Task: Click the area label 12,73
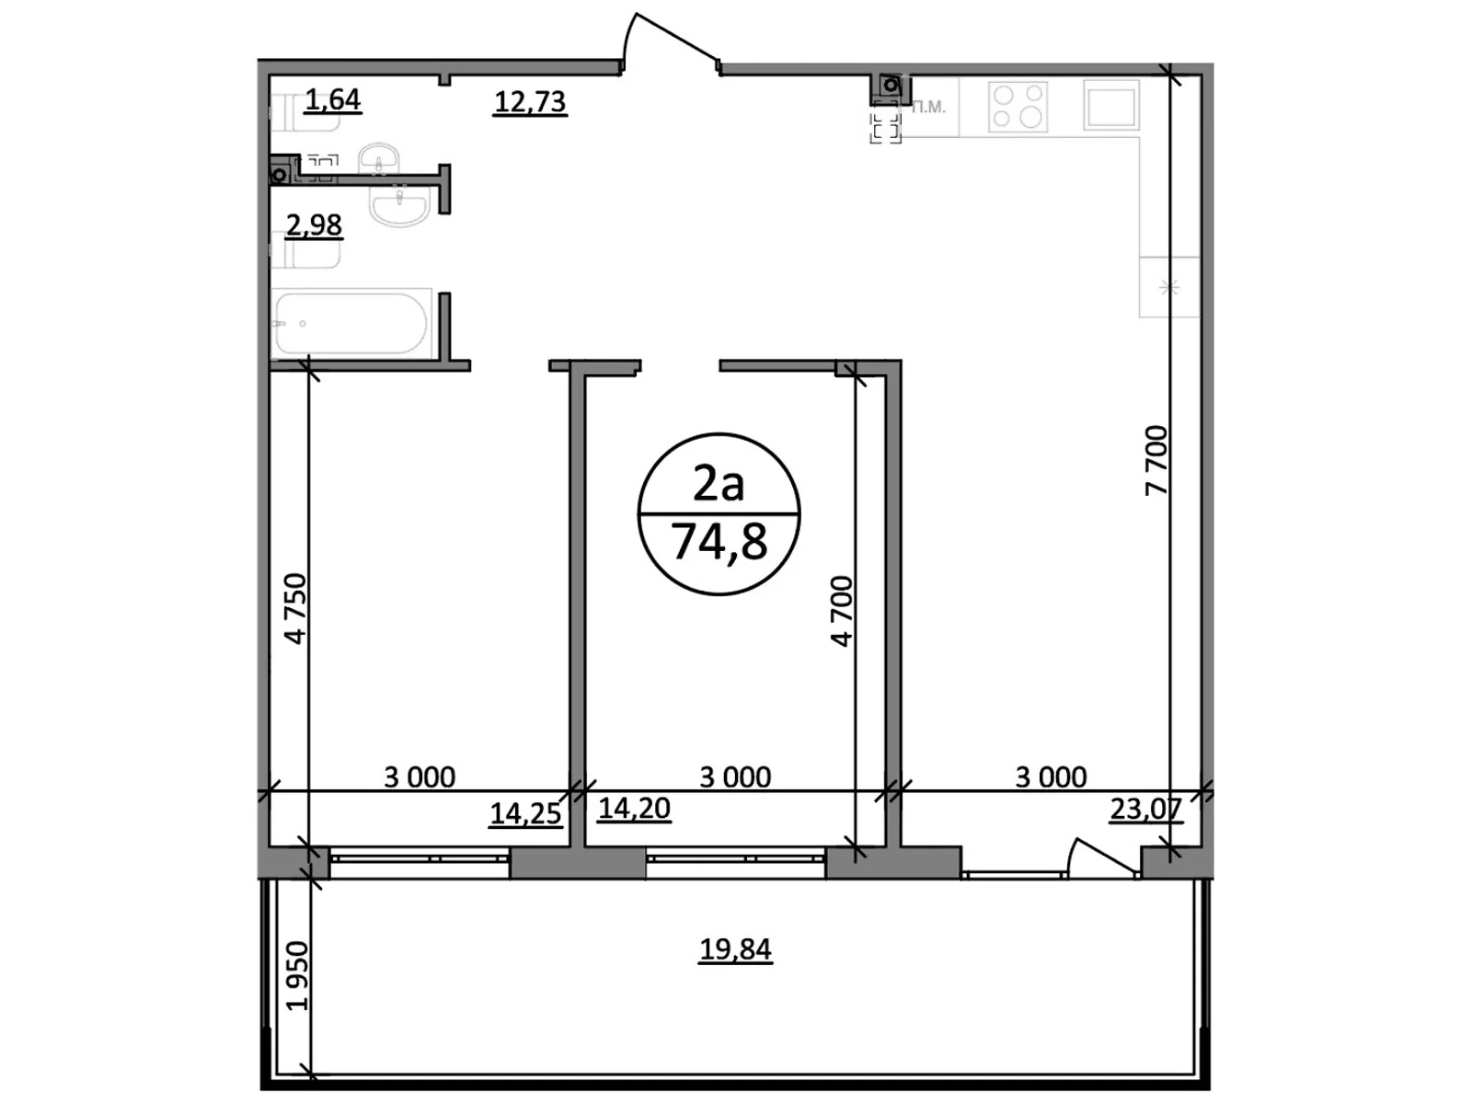pos(530,101)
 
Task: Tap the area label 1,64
pos(332,99)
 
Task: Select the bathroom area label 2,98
pos(314,224)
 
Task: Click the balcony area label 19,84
pos(735,949)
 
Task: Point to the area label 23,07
pos(1145,809)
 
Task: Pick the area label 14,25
pos(525,813)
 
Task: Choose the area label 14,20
pos(634,809)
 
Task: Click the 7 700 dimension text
pos(1156,460)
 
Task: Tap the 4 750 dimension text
pos(294,608)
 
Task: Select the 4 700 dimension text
pos(842,611)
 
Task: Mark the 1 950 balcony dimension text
pos(296,976)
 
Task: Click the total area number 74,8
pos(719,542)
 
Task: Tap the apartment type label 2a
pos(719,483)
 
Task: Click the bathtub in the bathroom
pos(351,324)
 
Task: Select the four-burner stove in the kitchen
pos(1018,106)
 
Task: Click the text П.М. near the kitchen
pos(928,108)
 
